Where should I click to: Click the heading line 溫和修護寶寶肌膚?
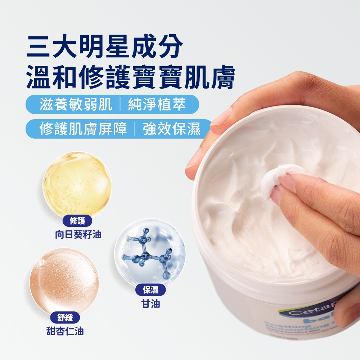coord(130,77)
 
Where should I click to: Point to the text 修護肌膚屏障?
coord(83,129)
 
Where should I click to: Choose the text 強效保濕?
coord(171,129)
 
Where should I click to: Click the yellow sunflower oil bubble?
coord(77,184)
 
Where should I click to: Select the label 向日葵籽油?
coord(78,235)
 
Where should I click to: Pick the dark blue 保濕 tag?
coord(151,290)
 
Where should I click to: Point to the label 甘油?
coord(151,304)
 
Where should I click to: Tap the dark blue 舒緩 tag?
coord(65,318)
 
